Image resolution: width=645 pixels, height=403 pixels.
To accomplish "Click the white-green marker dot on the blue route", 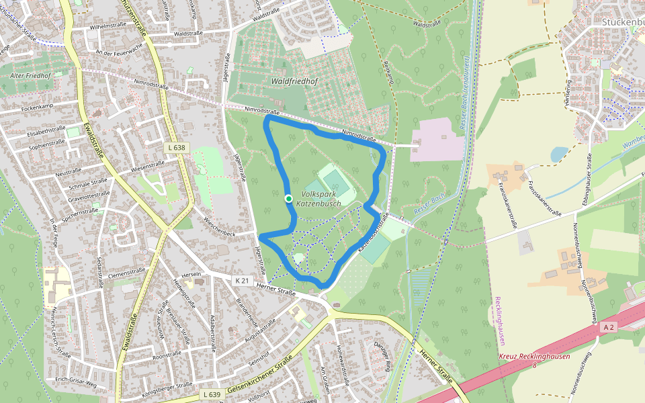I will point(288,198).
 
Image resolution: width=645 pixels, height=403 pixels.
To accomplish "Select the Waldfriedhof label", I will point(292,81).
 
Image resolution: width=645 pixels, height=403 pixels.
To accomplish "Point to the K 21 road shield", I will point(242,279).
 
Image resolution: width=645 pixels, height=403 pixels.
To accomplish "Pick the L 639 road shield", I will point(210,394).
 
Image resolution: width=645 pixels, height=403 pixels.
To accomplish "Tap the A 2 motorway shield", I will point(609,326).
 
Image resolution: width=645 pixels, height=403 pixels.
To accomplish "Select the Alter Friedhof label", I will point(30,76).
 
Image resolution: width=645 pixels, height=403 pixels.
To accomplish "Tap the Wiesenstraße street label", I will point(148,165).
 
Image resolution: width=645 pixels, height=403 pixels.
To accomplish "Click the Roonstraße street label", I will point(167,354).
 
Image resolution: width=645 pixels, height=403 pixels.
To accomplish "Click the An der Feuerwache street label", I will point(120,52).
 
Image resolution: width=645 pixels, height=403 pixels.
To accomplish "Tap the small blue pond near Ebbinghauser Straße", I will point(558,154).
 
